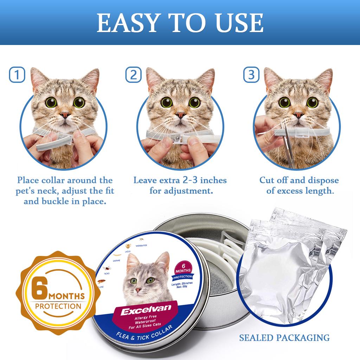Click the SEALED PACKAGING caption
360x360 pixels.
284,338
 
